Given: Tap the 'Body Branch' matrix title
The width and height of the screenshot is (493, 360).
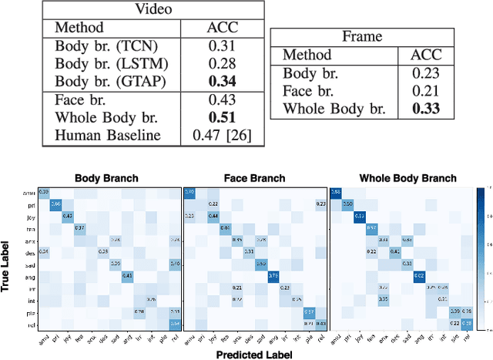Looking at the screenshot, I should point(107,178).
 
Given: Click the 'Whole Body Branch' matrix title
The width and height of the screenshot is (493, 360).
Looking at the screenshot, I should point(407,178).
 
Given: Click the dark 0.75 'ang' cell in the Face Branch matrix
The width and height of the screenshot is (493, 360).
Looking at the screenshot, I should point(273,275).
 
